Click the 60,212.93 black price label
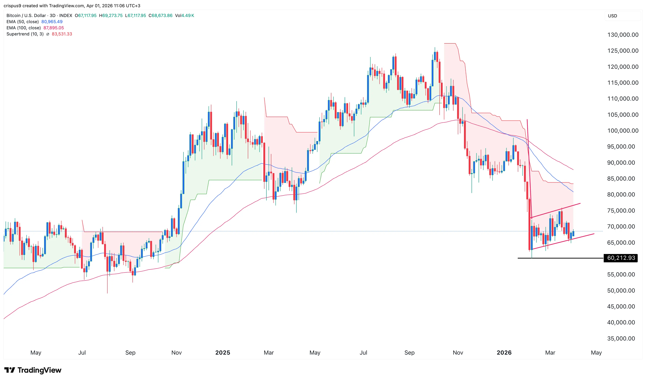pyautogui.click(x=621, y=258)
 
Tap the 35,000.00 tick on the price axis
pyautogui.click(x=621, y=338)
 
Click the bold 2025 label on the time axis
pyautogui.click(x=223, y=352)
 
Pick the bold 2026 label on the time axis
pyautogui.click(x=504, y=352)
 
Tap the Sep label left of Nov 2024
pyautogui.click(x=130, y=352)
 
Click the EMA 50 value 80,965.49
pyautogui.click(x=52, y=22)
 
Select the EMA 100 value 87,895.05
pyautogui.click(x=54, y=28)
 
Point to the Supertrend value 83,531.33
pyautogui.click(x=62, y=34)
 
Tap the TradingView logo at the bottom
pyautogui.click(x=33, y=370)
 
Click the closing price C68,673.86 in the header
pyautogui.click(x=161, y=15)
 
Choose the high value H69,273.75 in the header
pyautogui.click(x=111, y=15)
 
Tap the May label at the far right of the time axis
pyautogui.click(x=596, y=352)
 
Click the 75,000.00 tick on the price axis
pyautogui.click(x=621, y=211)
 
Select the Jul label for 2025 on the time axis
pyautogui.click(x=363, y=352)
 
